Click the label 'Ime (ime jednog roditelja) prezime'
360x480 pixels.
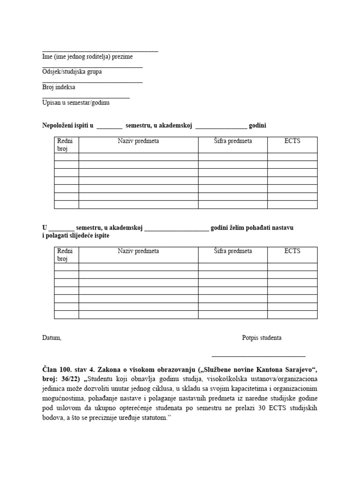point(87,57)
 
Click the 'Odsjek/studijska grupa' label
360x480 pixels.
point(72,72)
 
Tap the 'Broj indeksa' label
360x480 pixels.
point(59,87)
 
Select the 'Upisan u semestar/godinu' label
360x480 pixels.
point(76,102)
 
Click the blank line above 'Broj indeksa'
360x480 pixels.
point(92,82)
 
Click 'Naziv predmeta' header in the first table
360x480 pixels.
point(138,141)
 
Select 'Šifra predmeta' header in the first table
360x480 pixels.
point(232,141)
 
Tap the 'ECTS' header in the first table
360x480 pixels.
point(292,141)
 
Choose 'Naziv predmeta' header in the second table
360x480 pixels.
point(138,251)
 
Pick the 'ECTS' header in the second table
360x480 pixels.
point(292,251)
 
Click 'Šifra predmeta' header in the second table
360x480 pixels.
point(232,251)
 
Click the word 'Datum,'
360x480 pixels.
point(52,338)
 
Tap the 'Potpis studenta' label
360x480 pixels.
point(262,338)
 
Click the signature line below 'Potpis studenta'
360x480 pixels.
point(258,357)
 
